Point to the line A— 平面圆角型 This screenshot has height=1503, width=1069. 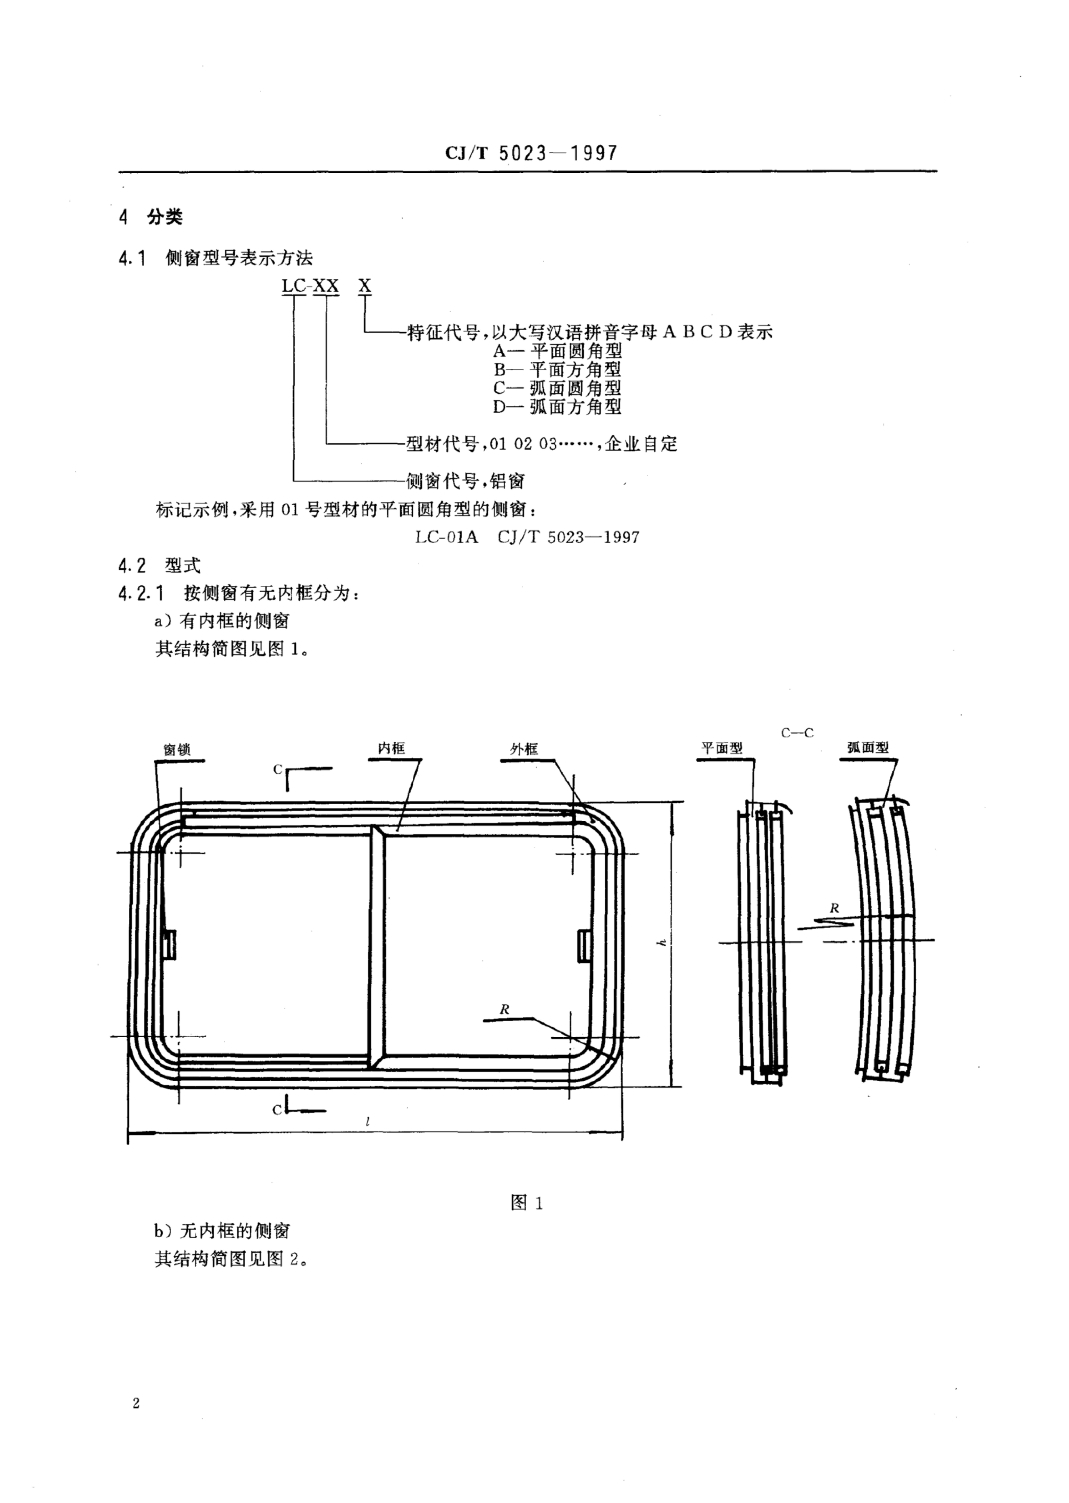[557, 351]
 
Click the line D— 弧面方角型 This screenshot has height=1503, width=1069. [557, 407]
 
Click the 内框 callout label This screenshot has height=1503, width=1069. [391, 748]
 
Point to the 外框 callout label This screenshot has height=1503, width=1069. [524, 749]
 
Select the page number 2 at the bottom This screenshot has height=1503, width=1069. [136, 1403]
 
